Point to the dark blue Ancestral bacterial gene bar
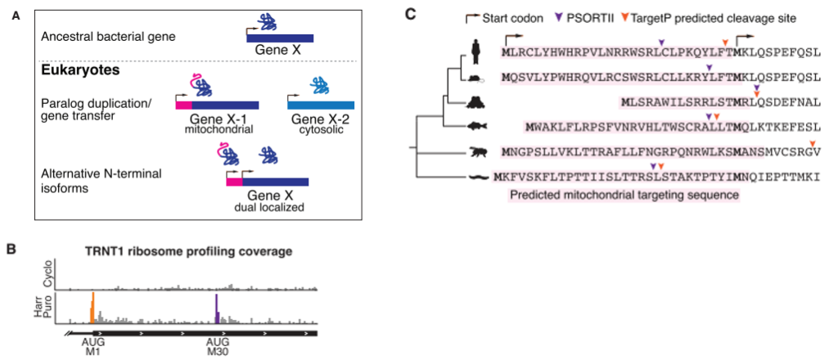[280, 38]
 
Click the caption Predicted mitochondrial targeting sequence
[624, 196]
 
